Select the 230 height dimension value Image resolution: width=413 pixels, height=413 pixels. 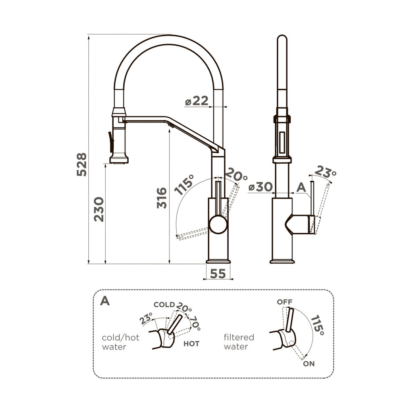99,209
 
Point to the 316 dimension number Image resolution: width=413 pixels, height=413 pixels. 162,198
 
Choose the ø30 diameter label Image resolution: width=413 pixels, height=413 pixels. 261,187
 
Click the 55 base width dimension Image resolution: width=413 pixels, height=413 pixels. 218,274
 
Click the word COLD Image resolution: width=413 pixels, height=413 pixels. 164,305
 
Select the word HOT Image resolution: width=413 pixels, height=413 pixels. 191,344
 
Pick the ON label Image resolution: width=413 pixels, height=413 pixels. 309,363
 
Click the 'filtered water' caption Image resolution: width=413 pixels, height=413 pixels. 239,342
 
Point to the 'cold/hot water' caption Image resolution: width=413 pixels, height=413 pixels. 120,342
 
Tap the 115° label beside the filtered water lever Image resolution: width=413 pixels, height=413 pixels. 317,326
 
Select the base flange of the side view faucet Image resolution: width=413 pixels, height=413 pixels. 282,261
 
